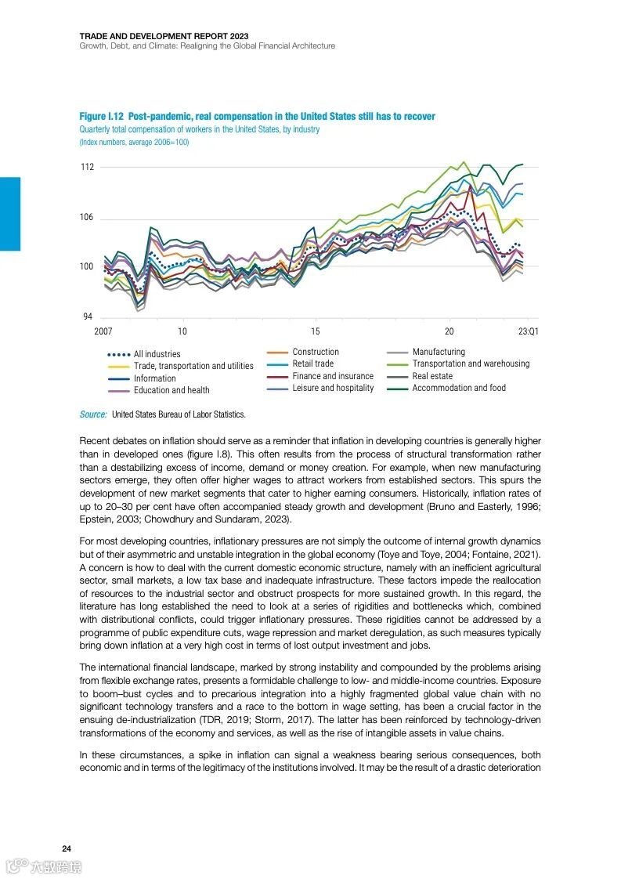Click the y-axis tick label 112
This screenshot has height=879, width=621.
(x=86, y=167)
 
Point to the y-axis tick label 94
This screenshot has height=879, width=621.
(x=88, y=317)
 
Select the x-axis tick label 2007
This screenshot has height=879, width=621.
(x=103, y=331)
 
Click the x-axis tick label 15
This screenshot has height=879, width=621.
(x=315, y=331)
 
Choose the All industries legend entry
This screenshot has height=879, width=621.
(x=157, y=354)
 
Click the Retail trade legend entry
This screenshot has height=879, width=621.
(x=312, y=364)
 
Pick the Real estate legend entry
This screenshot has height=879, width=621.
(x=432, y=376)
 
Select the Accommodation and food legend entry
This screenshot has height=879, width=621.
(x=459, y=388)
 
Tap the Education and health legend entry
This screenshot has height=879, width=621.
(x=171, y=390)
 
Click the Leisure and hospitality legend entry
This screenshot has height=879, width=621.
(x=333, y=388)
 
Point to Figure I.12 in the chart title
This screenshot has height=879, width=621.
(x=102, y=117)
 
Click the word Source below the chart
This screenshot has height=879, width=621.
(x=92, y=414)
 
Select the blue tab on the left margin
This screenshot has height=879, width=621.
(x=10, y=214)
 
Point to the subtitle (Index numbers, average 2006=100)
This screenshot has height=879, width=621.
(x=134, y=143)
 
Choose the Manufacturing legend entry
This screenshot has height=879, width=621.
(x=439, y=352)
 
